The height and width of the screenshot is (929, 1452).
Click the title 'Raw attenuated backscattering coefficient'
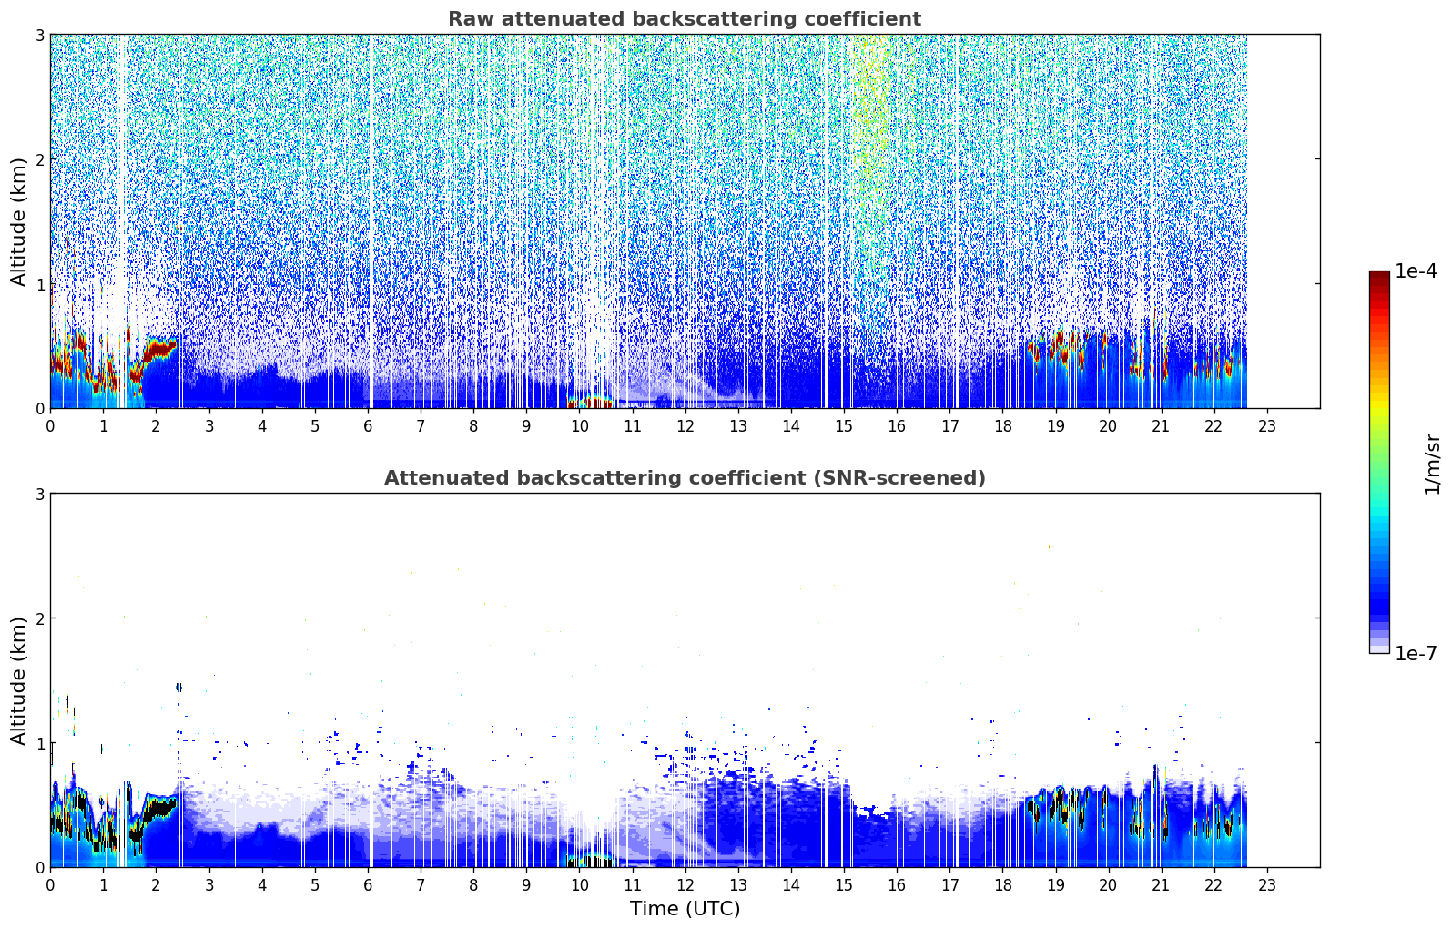pos(685,19)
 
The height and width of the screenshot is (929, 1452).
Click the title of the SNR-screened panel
pos(685,477)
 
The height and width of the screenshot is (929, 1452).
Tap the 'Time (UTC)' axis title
pos(685,908)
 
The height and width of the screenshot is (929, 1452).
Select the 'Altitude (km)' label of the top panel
pos(18,221)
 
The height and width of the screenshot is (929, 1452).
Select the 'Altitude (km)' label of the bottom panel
pos(18,680)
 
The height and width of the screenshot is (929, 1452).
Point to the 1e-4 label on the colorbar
pos(1416,271)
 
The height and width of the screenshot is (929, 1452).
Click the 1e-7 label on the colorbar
pos(1416,653)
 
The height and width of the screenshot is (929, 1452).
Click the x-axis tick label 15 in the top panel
pos(843,426)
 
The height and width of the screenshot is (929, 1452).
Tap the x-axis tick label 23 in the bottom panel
pos(1266,885)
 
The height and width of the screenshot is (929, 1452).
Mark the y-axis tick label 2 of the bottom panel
pos(39,618)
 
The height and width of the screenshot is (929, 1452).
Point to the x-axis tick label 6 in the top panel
pos(368,426)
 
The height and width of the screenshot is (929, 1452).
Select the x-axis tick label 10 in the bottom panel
pos(579,885)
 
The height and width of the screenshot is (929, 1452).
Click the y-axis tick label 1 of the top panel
pos(39,284)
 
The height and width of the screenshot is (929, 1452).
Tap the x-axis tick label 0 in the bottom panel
pos(51,885)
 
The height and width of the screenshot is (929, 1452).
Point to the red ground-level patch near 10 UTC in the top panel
pos(589,400)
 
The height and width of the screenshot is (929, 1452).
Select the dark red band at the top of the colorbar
pos(1379,278)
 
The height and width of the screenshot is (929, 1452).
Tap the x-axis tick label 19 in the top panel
pos(1055,426)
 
